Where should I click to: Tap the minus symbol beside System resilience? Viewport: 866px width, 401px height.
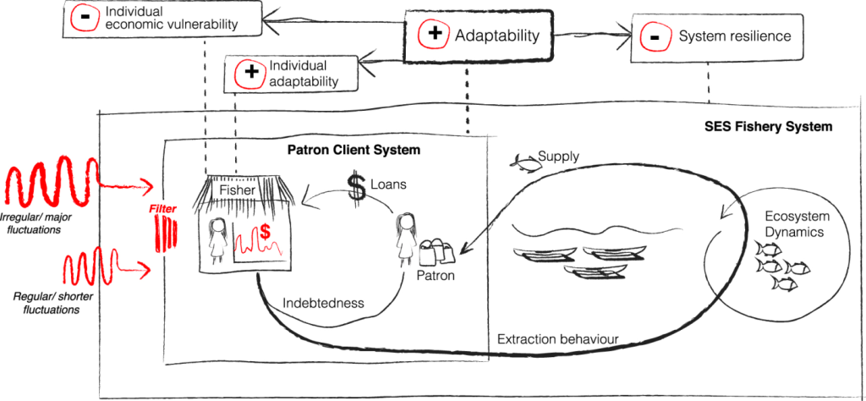[x=654, y=36]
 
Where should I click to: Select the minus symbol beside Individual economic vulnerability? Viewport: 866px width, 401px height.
[x=85, y=19]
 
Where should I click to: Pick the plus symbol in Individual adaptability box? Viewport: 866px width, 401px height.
[x=250, y=74]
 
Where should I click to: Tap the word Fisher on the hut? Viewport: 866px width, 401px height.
[x=237, y=191]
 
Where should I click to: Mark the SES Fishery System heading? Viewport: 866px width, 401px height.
[x=768, y=127]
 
